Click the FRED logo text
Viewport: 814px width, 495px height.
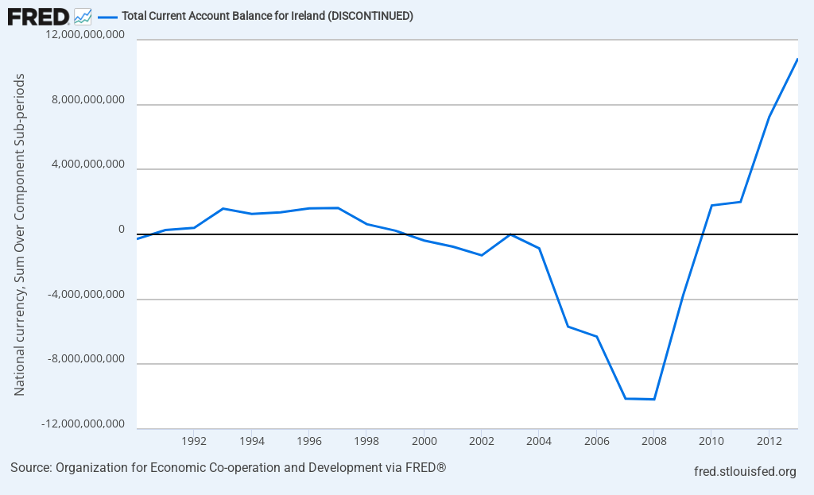[37, 15]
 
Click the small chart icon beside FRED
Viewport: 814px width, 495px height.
[83, 15]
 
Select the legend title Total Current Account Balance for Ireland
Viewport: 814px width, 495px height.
[267, 16]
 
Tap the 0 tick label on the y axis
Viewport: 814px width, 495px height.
[122, 230]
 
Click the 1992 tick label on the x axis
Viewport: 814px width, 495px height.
[195, 440]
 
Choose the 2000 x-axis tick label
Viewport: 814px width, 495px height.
[424, 440]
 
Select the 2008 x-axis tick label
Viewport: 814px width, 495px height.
[653, 440]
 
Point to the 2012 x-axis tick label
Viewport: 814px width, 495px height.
[769, 440]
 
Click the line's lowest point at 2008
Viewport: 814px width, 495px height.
[653, 399]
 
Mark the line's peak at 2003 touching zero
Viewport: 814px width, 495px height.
[510, 234]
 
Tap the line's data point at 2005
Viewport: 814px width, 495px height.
[568, 327]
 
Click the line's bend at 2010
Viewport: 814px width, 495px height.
[711, 205]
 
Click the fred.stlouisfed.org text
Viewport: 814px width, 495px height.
[745, 472]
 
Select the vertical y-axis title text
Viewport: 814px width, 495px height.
[20, 234]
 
